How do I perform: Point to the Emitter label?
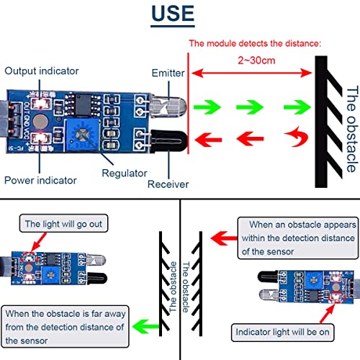pyautogui.click(x=168, y=73)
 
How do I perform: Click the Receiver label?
pyautogui.click(x=168, y=184)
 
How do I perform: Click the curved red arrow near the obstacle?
pyautogui.click(x=293, y=138)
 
